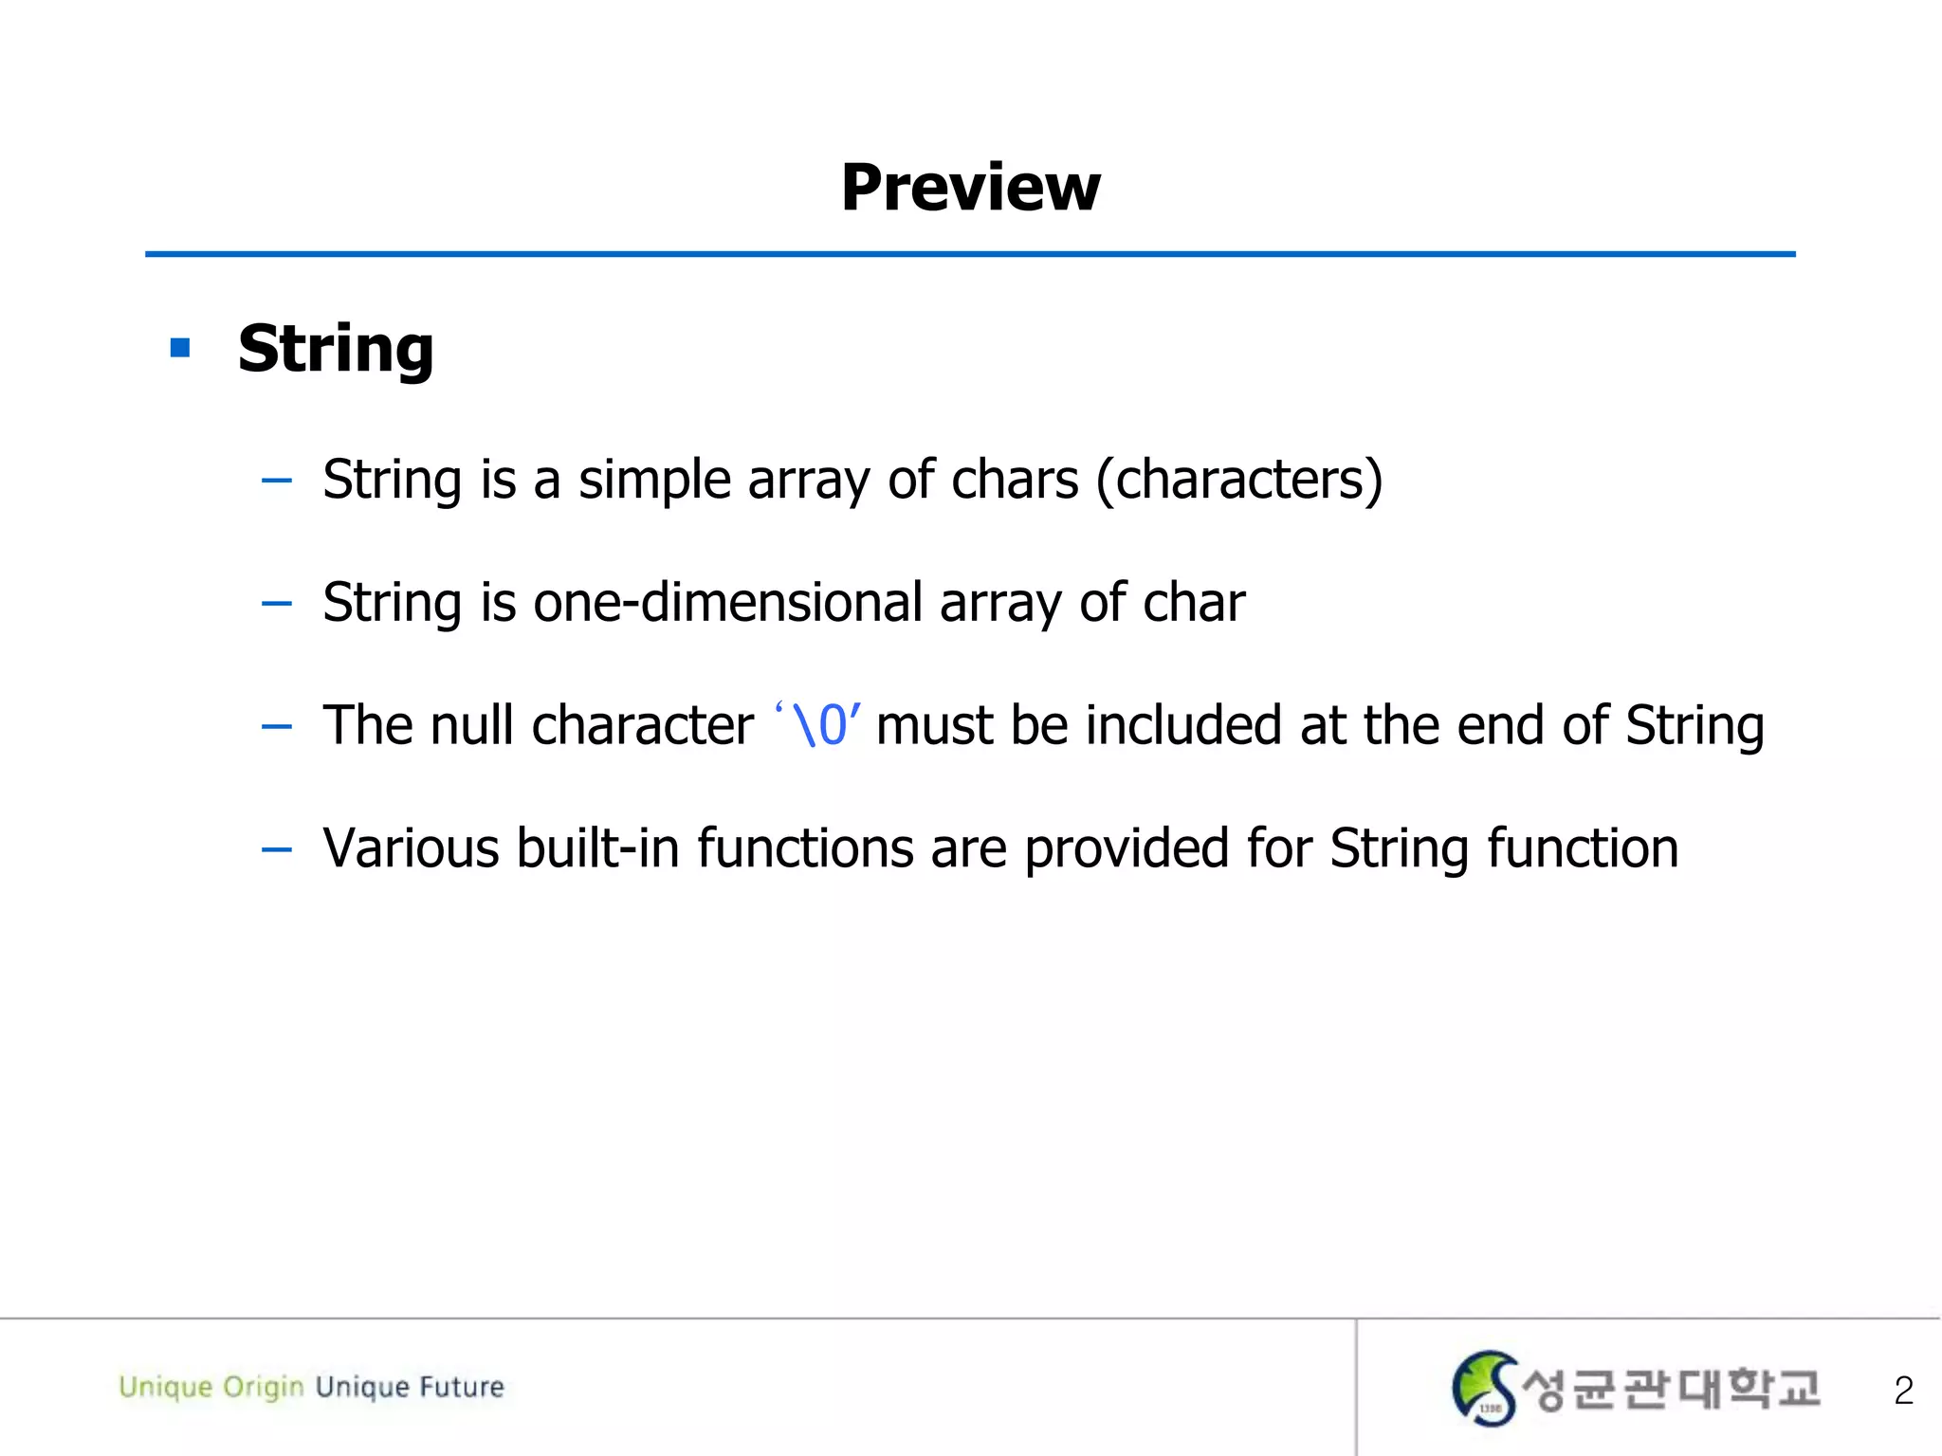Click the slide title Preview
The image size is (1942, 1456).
[x=970, y=188]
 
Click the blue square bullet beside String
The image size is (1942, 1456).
[x=180, y=348]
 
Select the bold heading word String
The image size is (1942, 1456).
[x=336, y=349]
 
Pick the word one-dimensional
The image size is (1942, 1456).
[x=727, y=603]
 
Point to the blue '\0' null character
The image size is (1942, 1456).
[x=817, y=726]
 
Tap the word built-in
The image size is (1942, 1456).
[x=597, y=848]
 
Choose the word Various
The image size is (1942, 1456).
[x=410, y=848]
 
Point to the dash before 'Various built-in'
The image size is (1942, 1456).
[x=276, y=850]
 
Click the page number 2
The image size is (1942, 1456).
[x=1903, y=1391]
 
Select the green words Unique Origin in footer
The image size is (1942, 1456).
[x=211, y=1387]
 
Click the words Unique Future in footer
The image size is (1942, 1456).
[x=410, y=1387]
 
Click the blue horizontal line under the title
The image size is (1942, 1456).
[x=970, y=254]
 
